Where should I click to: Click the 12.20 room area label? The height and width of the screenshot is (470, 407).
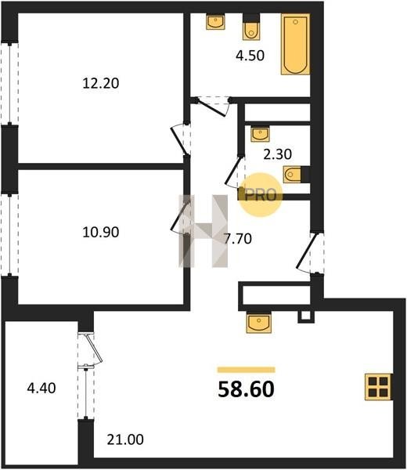pyautogui.click(x=101, y=83)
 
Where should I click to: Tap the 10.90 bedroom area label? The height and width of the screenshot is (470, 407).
pyautogui.click(x=101, y=232)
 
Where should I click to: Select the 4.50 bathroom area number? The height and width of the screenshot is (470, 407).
pyautogui.click(x=250, y=56)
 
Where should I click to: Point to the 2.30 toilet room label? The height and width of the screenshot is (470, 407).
pyautogui.click(x=277, y=154)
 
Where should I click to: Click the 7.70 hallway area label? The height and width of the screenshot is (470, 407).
pyautogui.click(x=238, y=239)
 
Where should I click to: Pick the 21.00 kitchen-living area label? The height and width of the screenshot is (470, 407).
pyautogui.click(x=125, y=439)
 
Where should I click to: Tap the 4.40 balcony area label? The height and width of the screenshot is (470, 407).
pyautogui.click(x=41, y=389)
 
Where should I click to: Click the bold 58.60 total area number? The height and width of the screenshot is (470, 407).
pyautogui.click(x=247, y=389)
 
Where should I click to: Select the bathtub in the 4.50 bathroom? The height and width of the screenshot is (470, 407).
pyautogui.click(x=295, y=44)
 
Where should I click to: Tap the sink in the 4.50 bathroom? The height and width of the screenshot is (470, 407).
pyautogui.click(x=215, y=22)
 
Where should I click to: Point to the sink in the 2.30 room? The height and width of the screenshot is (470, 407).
pyautogui.click(x=260, y=133)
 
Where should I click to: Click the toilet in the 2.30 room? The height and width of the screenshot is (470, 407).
pyautogui.click(x=297, y=175)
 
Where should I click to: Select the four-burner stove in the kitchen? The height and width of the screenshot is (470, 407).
pyautogui.click(x=379, y=387)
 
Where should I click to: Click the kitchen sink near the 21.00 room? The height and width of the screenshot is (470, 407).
pyautogui.click(x=259, y=322)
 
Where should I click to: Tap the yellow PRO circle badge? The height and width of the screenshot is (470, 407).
pyautogui.click(x=261, y=195)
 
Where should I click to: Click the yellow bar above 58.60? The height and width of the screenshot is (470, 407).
pyautogui.click(x=247, y=370)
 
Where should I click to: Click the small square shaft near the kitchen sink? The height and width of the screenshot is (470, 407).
pyautogui.click(x=306, y=316)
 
